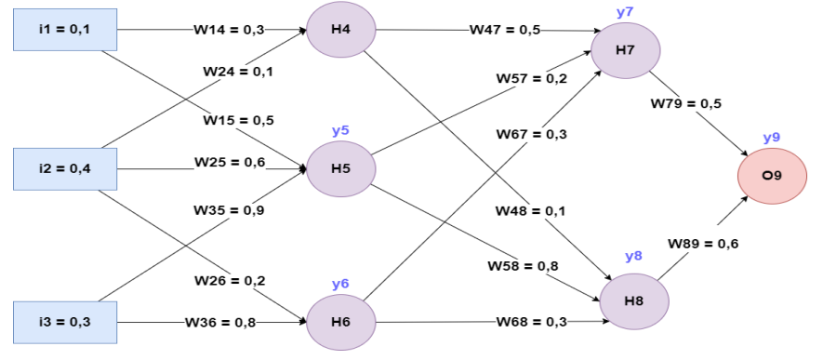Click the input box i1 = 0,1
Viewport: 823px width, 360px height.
tap(64, 30)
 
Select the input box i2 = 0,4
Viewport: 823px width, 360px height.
tap(64, 169)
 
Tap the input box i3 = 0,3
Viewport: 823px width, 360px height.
tap(64, 322)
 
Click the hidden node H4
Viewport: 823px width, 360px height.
tap(340, 30)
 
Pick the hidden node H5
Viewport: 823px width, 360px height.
tap(340, 169)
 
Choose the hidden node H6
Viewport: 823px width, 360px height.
tap(340, 322)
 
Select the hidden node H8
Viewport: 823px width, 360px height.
tap(634, 300)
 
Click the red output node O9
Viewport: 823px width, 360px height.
tap(772, 175)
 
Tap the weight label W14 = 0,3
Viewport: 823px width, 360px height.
tap(229, 30)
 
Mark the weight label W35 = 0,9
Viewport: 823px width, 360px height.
tap(229, 210)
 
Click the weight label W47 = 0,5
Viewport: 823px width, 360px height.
tap(505, 30)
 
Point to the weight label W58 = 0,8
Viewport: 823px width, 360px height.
tap(523, 266)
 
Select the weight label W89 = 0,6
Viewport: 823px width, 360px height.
tap(703, 244)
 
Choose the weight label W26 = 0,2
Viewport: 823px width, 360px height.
tap(229, 280)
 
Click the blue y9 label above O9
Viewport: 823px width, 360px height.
tap(771, 138)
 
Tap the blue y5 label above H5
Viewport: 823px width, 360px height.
tap(340, 130)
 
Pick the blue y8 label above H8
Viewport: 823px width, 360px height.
tap(633, 257)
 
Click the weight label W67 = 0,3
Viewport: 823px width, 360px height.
tap(531, 135)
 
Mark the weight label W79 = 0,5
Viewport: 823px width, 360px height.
tap(686, 102)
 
